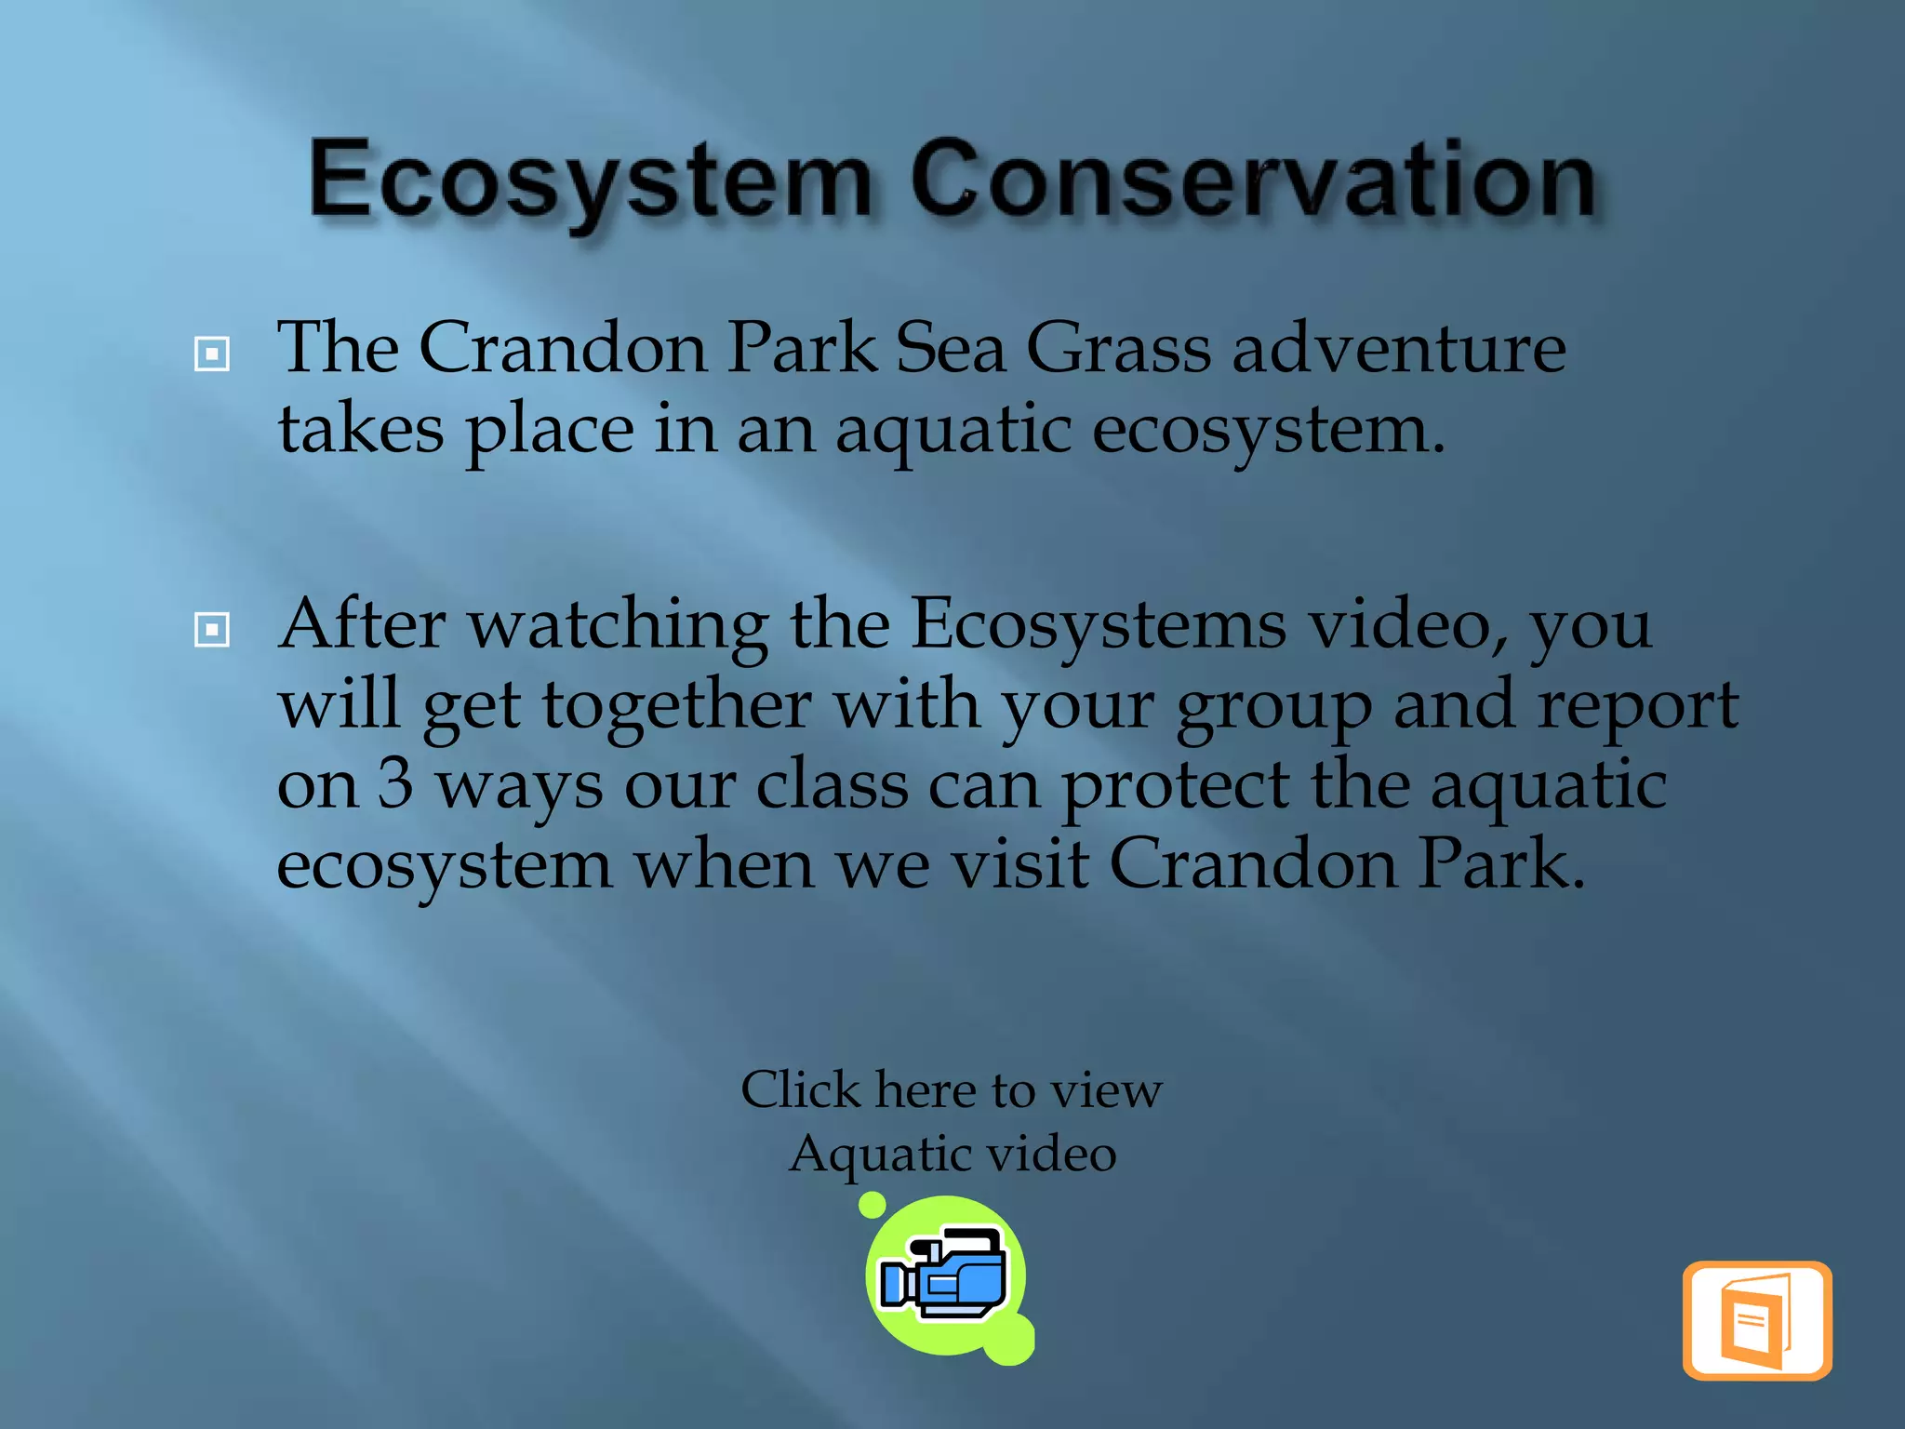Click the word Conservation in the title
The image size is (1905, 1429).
point(1254,181)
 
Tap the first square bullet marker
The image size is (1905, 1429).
point(212,354)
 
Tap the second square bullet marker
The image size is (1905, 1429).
point(212,630)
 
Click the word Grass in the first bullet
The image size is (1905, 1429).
point(1118,348)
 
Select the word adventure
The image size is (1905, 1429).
point(1399,348)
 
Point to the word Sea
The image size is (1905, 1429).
point(950,348)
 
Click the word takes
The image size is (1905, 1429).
point(361,430)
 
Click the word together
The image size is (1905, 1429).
point(676,705)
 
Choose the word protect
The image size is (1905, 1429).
point(1175,787)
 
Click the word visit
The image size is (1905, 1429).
point(1019,864)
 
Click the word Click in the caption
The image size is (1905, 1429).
point(800,1089)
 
